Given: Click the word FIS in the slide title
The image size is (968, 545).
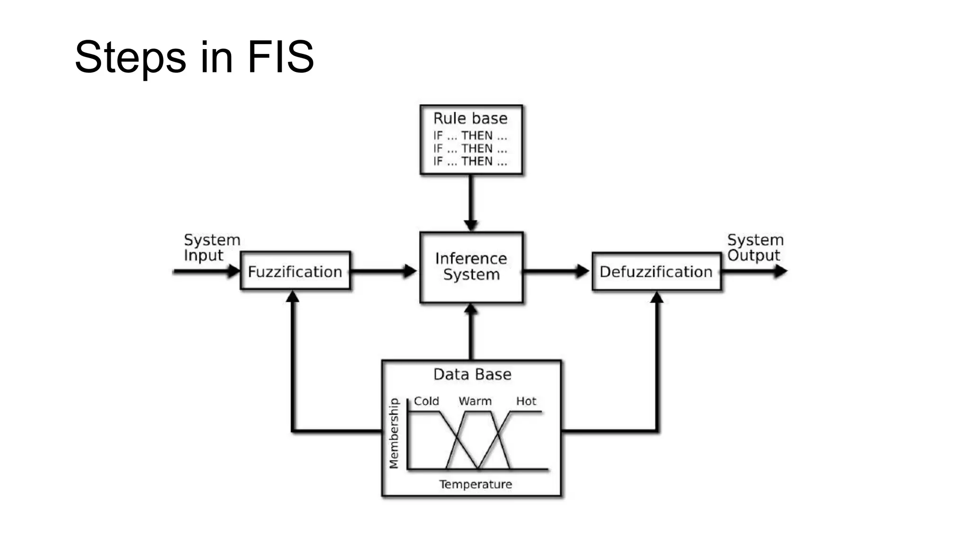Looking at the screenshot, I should tap(280, 57).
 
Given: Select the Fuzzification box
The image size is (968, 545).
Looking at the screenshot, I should tap(295, 271).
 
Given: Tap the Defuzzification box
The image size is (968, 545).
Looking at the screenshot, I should tap(656, 271).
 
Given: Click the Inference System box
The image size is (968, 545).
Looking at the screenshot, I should tap(471, 267).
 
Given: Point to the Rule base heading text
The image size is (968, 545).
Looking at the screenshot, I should tap(470, 118).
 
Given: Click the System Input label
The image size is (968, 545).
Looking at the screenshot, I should tap(211, 247).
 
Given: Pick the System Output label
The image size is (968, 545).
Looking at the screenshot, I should tap(755, 247).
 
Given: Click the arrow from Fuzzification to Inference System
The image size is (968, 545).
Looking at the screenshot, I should tap(384, 271).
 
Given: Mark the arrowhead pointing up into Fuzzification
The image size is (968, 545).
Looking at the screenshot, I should tap(293, 297).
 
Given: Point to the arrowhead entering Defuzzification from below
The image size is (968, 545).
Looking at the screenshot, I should tap(657, 297).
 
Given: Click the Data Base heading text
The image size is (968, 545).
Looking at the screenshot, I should tap(472, 375).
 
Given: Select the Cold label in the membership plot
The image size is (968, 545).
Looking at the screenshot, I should tap(426, 401).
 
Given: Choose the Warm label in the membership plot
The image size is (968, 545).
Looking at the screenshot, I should tap(475, 401).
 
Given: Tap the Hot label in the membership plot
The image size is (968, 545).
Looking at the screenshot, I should tap(526, 401).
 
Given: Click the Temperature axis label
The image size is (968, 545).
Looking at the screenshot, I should tap(475, 484).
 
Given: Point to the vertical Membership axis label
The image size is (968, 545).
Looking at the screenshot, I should tap(394, 433).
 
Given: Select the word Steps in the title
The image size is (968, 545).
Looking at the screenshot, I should tap(130, 57).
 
